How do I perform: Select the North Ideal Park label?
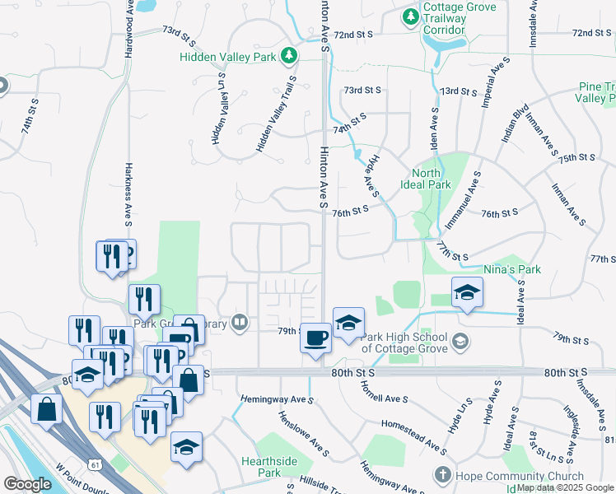[x=432, y=179]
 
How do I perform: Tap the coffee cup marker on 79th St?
[x=315, y=337]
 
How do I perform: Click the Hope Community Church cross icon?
[x=443, y=476]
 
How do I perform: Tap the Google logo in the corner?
[x=27, y=484]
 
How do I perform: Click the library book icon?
[x=240, y=322]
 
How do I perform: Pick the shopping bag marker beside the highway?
[x=47, y=408]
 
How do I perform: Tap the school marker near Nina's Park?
[x=467, y=292]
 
